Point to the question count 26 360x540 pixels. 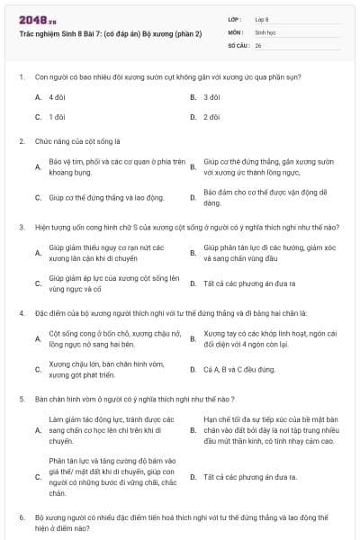coord(258,44)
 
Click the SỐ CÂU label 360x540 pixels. coord(238,44)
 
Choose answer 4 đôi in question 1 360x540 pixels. coord(58,96)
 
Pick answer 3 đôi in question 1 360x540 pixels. coord(212,96)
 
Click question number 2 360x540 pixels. coord(21,141)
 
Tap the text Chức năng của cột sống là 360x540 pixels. coord(71,141)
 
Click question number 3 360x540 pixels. coord(21,227)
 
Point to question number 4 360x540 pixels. coord(21,313)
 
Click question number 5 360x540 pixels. coord(21,399)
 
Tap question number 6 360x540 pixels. coord(21,518)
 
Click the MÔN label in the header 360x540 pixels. coord(235,31)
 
